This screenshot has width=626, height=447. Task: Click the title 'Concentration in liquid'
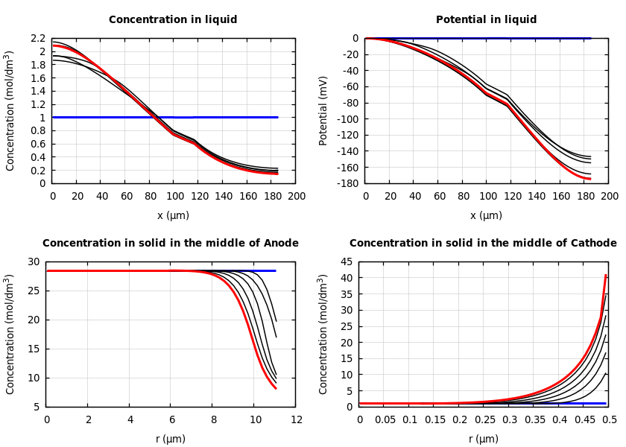pyautogui.click(x=173, y=20)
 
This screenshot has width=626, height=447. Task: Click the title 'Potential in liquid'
pyautogui.click(x=486, y=20)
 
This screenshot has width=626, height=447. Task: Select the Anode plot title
pyautogui.click(x=171, y=244)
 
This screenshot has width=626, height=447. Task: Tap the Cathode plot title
pyautogui.click(x=483, y=244)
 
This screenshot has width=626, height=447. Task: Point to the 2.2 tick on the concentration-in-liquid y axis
pyautogui.click(x=39, y=38)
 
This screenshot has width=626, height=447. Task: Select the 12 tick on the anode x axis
pyautogui.click(x=296, y=420)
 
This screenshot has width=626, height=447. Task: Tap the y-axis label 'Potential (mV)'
pyautogui.click(x=323, y=110)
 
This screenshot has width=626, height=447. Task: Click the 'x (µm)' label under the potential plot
pyautogui.click(x=486, y=215)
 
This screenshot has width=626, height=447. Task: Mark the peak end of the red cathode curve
pyautogui.click(x=606, y=275)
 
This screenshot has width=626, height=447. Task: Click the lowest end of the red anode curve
pyautogui.click(x=276, y=388)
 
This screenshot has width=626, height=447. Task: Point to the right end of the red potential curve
pyautogui.click(x=590, y=179)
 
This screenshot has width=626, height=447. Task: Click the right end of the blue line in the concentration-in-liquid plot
pyautogui.click(x=277, y=117)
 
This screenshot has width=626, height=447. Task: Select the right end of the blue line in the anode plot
pyautogui.click(x=275, y=270)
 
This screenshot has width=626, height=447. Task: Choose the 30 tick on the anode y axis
pyautogui.click(x=33, y=261)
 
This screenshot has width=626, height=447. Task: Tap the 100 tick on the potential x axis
pyautogui.click(x=487, y=196)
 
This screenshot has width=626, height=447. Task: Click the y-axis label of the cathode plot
pyautogui.click(x=323, y=334)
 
